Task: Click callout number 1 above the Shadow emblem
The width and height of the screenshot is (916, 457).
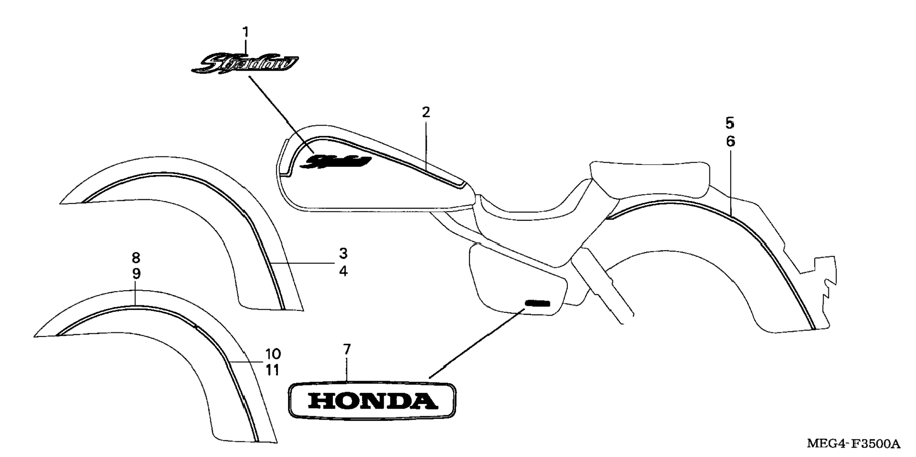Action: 245,32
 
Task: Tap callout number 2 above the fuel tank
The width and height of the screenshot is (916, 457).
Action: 426,112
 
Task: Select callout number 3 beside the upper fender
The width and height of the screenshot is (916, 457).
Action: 343,254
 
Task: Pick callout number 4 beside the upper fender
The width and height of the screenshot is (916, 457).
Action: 343,272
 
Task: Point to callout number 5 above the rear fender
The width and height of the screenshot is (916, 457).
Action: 730,123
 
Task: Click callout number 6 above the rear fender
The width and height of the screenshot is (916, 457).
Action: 730,141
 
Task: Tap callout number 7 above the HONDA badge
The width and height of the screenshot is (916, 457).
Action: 347,350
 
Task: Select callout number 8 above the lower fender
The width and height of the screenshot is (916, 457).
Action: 136,258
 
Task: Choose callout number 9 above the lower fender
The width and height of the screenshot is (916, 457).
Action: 136,274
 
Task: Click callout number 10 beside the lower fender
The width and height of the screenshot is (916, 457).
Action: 273,354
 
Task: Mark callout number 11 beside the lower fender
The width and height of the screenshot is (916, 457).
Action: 272,370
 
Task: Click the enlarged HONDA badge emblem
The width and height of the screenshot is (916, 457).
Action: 372,401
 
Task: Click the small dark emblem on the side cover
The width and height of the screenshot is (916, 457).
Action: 537,303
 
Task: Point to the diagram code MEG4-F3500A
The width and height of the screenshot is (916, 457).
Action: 853,444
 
